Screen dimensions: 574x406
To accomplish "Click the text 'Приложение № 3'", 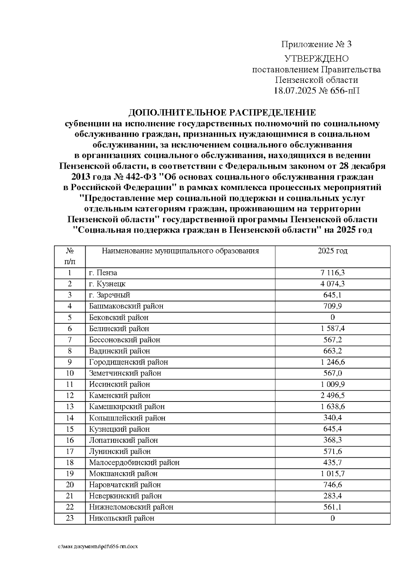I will click(317, 44).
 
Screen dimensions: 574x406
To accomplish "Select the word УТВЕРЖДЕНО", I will click(317, 59).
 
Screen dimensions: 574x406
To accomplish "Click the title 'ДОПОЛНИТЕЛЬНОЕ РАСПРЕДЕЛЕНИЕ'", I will click(222, 113).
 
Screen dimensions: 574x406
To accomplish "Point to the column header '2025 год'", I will click(333, 251).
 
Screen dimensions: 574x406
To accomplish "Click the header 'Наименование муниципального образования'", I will click(180, 251).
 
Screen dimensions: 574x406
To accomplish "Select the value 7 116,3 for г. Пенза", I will click(333, 273).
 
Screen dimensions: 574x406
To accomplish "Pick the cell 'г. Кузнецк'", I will click(107, 284).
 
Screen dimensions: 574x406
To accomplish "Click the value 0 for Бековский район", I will click(333, 317).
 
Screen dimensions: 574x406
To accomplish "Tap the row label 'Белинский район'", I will click(119, 328).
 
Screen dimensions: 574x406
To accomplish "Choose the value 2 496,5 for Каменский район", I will click(333, 395).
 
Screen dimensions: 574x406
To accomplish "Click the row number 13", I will click(70, 407).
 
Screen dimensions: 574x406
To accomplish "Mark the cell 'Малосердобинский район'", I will click(134, 462).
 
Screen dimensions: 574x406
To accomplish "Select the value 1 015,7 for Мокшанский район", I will click(333, 474).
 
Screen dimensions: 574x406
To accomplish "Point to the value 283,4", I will click(333, 496).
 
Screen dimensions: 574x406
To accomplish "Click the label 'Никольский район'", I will click(122, 518).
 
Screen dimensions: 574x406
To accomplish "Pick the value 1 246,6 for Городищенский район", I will click(333, 362).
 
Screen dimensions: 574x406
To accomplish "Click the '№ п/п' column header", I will click(70, 256).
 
